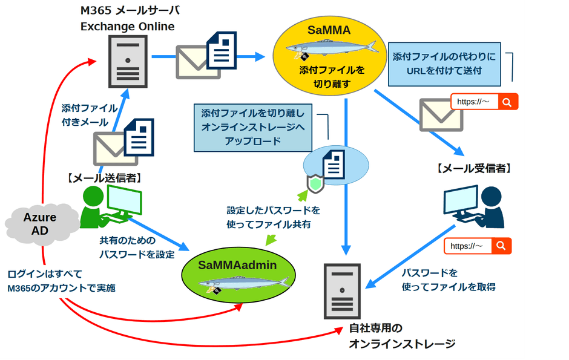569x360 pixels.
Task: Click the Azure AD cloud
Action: [x=40, y=224]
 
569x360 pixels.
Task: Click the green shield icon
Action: [x=316, y=184]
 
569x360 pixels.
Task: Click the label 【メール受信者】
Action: [x=473, y=168]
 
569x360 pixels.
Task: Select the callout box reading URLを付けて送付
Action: [x=444, y=64]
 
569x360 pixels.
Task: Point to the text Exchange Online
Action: [x=128, y=27]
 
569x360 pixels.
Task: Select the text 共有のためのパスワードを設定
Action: [x=137, y=247]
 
